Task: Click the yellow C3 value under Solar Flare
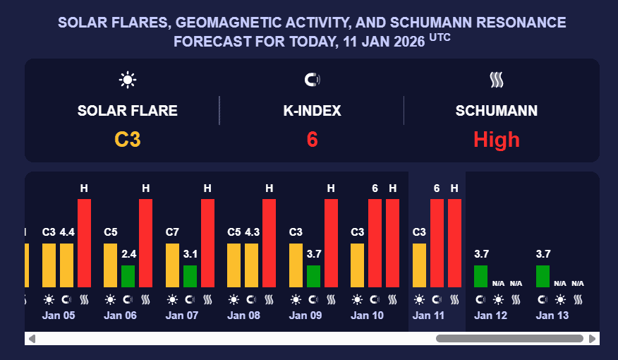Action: coord(128,139)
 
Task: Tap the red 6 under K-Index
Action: coord(312,139)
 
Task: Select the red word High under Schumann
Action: coord(496,139)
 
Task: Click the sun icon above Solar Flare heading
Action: coord(128,80)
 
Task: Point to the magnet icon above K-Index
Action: coord(312,80)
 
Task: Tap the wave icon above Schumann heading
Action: coord(497,80)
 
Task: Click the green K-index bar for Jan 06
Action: coord(128,276)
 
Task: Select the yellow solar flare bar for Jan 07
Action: coord(172,265)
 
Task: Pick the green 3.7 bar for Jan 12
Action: coord(480,276)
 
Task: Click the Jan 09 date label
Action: coord(305,316)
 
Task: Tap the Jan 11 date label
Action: coord(428,316)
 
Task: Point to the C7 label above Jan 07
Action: coord(172,232)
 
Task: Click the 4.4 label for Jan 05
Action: coord(66,232)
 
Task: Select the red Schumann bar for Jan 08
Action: coord(269,244)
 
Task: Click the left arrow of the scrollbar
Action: coord(32,339)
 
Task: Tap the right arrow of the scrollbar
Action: coord(592,339)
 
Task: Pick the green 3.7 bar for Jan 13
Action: coord(543,276)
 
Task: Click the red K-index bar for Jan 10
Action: coord(375,244)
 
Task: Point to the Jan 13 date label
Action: coord(552,316)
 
